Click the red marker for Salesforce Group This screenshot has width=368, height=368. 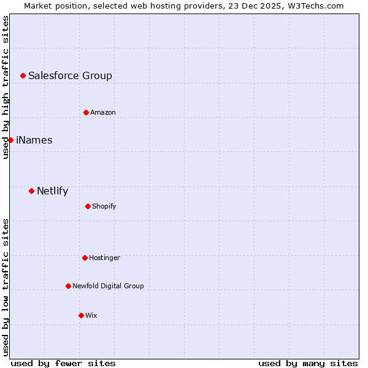coord(23,75)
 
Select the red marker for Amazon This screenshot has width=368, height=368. coord(86,112)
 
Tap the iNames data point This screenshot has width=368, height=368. coord(10,140)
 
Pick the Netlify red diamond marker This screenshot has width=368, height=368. coord(31,191)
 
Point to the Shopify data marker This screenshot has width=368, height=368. coord(88,206)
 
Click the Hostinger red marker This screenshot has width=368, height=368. coord(85,258)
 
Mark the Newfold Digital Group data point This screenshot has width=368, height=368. coord(68,286)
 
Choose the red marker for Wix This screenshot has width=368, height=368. coord(81,315)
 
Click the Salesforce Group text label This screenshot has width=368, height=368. coord(70,76)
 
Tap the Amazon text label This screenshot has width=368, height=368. coord(103,113)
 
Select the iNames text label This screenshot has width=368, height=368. coord(34,140)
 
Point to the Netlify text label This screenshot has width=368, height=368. coord(52,191)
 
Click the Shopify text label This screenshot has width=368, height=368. coord(104,207)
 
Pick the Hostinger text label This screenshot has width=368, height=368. coord(104,258)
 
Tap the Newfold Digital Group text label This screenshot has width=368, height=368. coord(108,286)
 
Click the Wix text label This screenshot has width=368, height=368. coord(91,316)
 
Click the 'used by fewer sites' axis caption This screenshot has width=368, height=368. coord(63,364)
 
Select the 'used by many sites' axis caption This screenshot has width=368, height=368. coord(308,364)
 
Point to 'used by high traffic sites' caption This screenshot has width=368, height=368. coord(6,87)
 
